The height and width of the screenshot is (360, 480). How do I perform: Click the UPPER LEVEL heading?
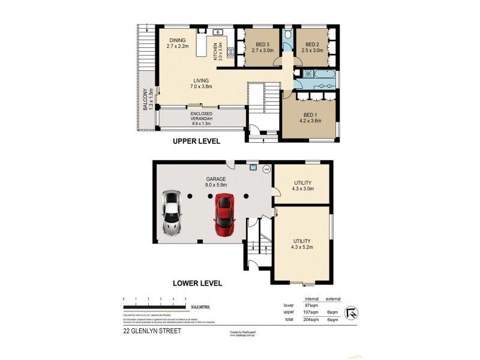pos(197,142)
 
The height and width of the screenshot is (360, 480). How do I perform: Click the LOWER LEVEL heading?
pos(197,283)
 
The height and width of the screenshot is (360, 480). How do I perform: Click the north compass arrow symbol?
pos(353,311)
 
